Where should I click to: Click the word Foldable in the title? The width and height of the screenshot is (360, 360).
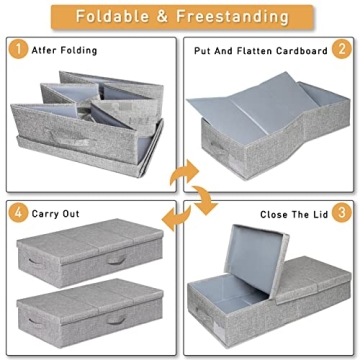(114, 17)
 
